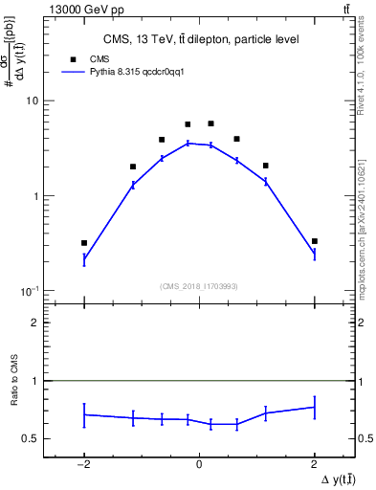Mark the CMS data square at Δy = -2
(84, 243)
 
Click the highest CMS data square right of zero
(210, 123)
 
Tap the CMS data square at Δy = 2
(315, 241)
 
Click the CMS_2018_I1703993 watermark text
(198, 285)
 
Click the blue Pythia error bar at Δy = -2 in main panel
(84, 258)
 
